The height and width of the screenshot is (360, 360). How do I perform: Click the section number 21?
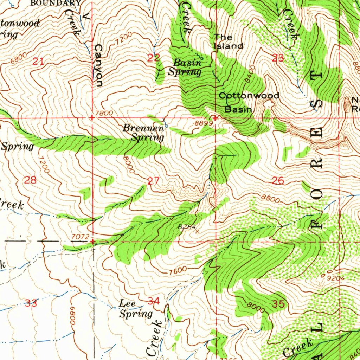pos(38,62)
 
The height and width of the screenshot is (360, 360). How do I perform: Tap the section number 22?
pos(153,58)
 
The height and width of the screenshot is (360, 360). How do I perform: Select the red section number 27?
pos(153,181)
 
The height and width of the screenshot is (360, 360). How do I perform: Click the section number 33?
pos(31,303)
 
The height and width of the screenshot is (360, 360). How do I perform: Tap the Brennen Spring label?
pos(143,133)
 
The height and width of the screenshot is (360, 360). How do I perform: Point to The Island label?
pos(229,41)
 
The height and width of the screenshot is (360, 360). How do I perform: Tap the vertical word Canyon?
pos(98,66)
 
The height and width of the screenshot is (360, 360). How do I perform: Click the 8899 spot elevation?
pos(204,123)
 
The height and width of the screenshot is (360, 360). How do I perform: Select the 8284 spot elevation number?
pos(187,227)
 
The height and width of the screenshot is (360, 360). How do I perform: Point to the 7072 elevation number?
pos(79,237)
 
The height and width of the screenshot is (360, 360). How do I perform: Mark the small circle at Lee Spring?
pos(115,308)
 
